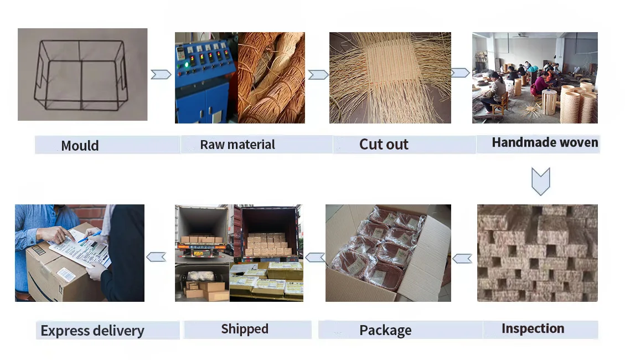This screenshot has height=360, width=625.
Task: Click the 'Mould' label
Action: tap(80, 146)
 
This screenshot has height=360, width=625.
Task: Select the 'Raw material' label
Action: tap(237, 145)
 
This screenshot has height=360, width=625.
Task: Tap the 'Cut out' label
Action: tap(384, 145)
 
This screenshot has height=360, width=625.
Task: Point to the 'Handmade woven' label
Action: tap(545, 143)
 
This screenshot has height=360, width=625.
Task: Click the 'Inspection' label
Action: tap(533, 329)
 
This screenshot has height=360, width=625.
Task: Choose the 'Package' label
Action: tap(385, 331)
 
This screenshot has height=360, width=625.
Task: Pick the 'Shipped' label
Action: tap(245, 329)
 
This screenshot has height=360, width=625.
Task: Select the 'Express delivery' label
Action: tap(92, 331)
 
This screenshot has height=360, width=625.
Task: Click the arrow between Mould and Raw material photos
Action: tap(161, 74)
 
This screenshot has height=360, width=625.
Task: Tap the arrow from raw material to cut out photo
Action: tap(318, 74)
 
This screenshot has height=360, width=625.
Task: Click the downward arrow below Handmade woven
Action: tap(540, 182)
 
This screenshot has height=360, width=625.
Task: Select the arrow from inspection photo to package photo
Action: tap(462, 258)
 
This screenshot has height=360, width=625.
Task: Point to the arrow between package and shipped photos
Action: tap(315, 257)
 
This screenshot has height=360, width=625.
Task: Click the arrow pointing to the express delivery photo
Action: tap(156, 256)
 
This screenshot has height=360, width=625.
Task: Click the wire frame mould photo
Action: tap(82, 74)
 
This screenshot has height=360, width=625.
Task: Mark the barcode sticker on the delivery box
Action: tap(66, 275)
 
